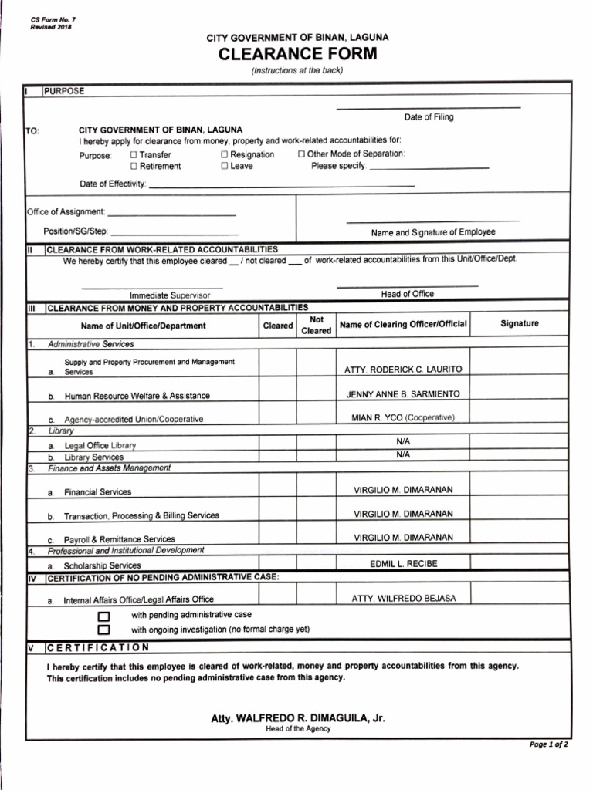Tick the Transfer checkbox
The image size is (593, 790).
(x=134, y=154)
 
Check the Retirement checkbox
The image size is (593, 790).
(x=134, y=166)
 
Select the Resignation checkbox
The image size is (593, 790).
(x=225, y=154)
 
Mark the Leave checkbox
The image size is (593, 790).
(x=225, y=166)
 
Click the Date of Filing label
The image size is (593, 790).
(x=429, y=117)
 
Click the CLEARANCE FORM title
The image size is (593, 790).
(x=297, y=54)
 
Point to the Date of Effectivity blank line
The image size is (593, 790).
(x=281, y=186)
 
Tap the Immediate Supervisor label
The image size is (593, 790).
(x=164, y=295)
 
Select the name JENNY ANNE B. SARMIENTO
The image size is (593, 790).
(x=403, y=394)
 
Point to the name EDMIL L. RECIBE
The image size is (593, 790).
(x=403, y=564)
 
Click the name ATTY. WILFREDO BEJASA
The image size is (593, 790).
(x=404, y=599)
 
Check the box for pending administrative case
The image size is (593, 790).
(x=103, y=616)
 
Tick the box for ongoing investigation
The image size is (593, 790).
(x=103, y=630)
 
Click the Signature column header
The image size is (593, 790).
(x=520, y=324)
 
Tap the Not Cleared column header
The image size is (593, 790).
(x=316, y=325)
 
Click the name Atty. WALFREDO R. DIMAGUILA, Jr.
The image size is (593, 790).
(x=298, y=718)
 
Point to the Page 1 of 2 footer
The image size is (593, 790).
(x=548, y=745)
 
